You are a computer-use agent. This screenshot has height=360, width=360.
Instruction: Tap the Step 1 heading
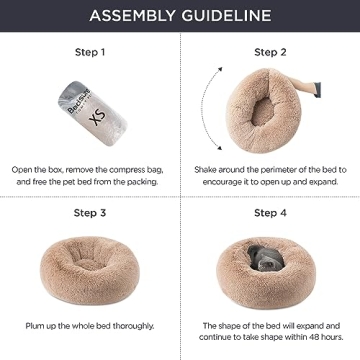tap(89, 50)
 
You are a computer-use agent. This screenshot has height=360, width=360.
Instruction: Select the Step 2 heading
tap(269, 51)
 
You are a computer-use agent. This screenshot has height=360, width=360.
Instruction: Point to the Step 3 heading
tap(89, 213)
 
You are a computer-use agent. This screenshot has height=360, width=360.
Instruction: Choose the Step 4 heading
tap(269, 213)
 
